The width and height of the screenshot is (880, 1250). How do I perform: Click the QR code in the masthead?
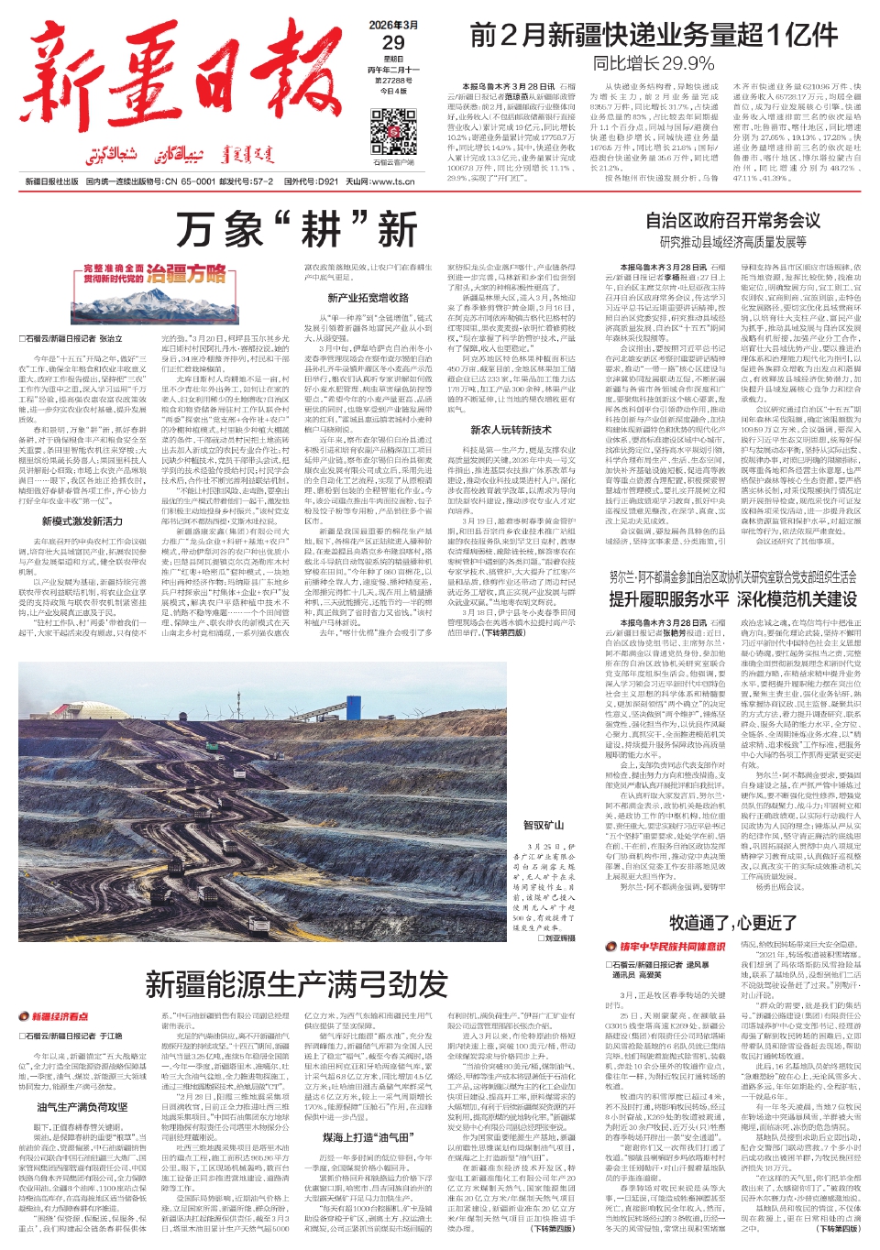pos(393,132)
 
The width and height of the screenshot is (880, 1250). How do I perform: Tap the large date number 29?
pos(393,42)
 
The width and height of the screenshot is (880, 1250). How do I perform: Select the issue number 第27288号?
pos(393,81)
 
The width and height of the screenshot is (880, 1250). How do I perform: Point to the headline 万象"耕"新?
pos(297,229)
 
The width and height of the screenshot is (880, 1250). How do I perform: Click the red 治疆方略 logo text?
pos(186,273)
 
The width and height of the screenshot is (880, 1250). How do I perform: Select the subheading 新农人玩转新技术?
pos(511,429)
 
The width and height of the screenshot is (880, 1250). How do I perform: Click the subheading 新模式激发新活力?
pos(82,521)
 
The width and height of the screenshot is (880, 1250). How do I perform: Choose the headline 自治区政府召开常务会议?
pos(732,221)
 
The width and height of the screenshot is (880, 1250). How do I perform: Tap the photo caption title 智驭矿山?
pos(543,826)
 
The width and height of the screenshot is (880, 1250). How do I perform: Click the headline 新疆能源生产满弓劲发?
pos(296,984)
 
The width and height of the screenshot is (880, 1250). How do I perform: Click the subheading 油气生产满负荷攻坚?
pos(82,1107)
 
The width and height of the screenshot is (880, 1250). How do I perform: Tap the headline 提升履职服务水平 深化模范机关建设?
pos(732,599)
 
